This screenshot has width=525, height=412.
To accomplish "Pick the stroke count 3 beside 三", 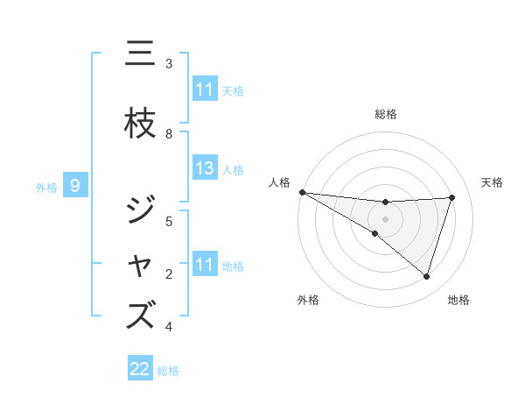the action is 169,64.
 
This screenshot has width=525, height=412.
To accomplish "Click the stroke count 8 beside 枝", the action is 169,133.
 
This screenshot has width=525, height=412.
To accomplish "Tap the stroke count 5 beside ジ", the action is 169,221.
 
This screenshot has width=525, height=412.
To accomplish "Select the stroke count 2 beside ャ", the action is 169,274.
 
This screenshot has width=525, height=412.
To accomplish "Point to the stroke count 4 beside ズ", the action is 169,327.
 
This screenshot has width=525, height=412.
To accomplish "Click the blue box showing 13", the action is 205,169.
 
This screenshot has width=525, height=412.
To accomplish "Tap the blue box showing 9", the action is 75,186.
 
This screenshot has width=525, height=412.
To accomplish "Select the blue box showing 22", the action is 140,369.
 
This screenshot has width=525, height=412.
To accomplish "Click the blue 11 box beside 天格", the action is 205,89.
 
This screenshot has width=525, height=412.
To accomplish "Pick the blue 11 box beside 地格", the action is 205,265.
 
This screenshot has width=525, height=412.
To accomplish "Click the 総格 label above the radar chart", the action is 386,114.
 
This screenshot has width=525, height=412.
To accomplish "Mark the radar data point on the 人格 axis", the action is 302,192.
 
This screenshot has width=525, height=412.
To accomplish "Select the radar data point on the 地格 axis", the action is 426,276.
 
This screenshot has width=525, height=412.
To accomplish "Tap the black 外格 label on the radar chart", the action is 308,300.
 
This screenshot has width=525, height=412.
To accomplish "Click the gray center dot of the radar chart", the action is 385,217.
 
